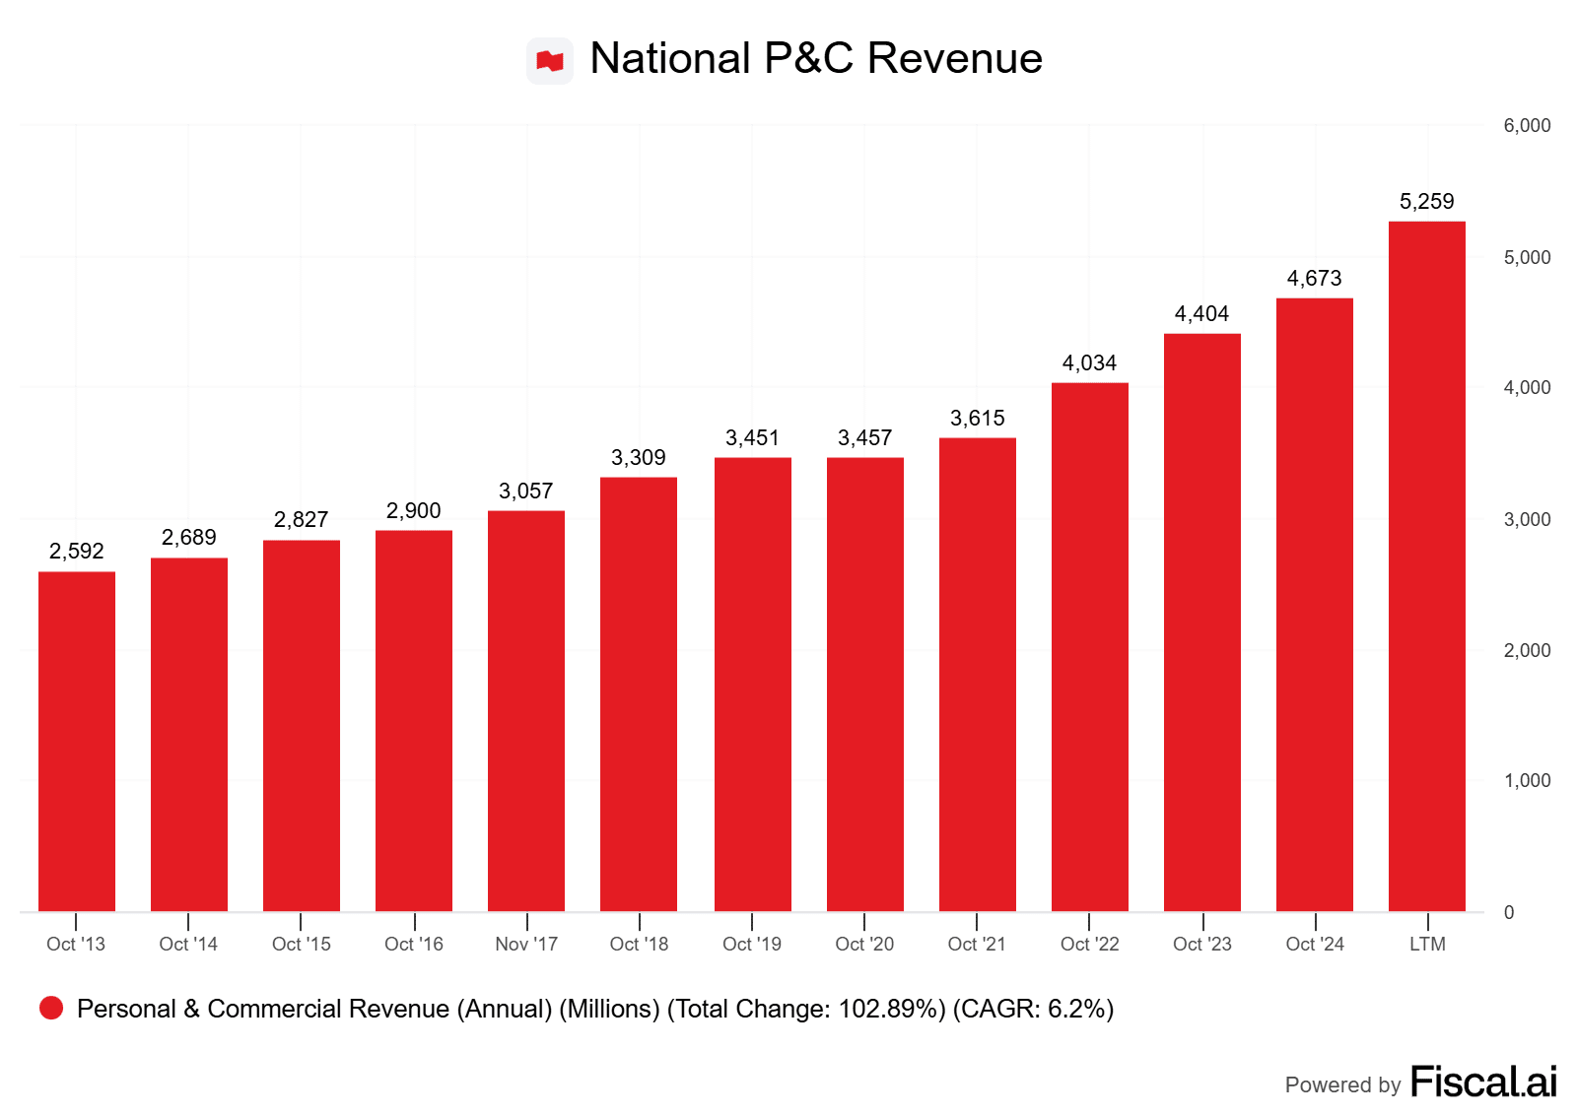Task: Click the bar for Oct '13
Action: pyautogui.click(x=77, y=741)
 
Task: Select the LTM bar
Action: pyautogui.click(x=1426, y=566)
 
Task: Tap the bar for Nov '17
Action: pyautogui.click(x=526, y=710)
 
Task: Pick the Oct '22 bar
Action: pyautogui.click(x=1089, y=646)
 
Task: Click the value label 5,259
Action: pyautogui.click(x=1426, y=202)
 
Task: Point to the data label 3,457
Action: pyautogui.click(x=864, y=437)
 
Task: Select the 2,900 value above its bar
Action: pyautogui.click(x=414, y=510)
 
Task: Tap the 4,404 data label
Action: pyautogui.click(x=1201, y=314)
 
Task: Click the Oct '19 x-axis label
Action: pyautogui.click(x=752, y=944)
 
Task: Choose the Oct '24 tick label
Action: pyautogui.click(x=1315, y=944)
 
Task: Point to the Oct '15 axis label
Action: pyautogui.click(x=302, y=944)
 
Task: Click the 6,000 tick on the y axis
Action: pyautogui.click(x=1527, y=125)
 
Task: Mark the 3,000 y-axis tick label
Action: pyautogui.click(x=1527, y=519)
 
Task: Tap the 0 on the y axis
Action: pyautogui.click(x=1509, y=912)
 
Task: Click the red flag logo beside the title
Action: pyautogui.click(x=550, y=61)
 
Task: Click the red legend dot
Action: pyautogui.click(x=51, y=1008)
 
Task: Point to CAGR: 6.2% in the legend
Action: pyautogui.click(x=1033, y=1009)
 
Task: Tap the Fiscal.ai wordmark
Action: pyautogui.click(x=1483, y=1082)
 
